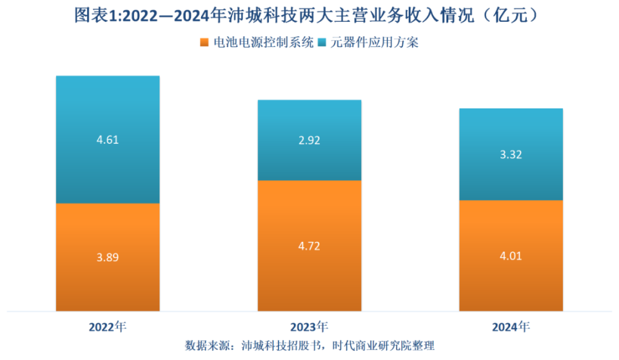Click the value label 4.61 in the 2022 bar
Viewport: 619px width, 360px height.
coord(108,139)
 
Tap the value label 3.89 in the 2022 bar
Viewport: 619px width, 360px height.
coord(108,257)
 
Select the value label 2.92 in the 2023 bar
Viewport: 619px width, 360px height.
coord(309,139)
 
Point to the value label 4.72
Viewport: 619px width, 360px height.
coord(309,246)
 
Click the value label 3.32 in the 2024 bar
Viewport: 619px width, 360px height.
coord(511,154)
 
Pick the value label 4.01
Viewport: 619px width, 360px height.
coord(511,255)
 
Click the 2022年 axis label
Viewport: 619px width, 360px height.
coord(108,326)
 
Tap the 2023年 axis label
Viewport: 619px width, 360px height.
coord(309,326)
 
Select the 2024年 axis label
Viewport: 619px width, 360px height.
coord(511,326)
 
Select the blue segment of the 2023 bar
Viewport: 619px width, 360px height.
coord(309,161)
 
